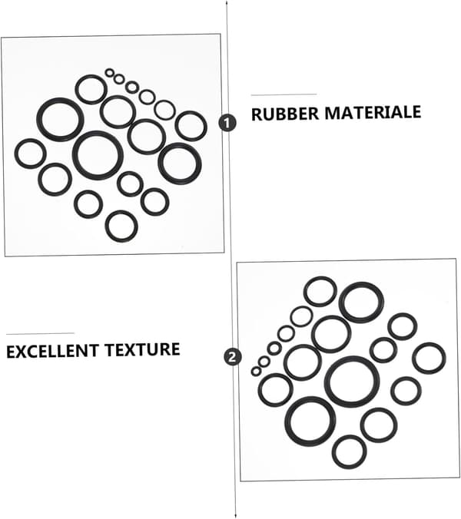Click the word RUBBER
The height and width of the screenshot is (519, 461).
pyautogui.click(x=284, y=114)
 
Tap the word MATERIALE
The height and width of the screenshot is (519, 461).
pyautogui.click(x=373, y=112)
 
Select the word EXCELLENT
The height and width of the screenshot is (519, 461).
pyautogui.click(x=52, y=351)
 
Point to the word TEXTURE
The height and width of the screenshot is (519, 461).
pyautogui.click(x=142, y=349)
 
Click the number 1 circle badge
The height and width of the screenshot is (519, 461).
pyautogui.click(x=227, y=123)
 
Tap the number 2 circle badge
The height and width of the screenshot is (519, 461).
pyautogui.click(x=232, y=357)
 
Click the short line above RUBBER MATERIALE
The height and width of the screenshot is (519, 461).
pyautogui.click(x=284, y=94)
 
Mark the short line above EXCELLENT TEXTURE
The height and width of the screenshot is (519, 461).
pyautogui.click(x=40, y=334)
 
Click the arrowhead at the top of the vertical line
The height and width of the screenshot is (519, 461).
pyautogui.click(x=227, y=2)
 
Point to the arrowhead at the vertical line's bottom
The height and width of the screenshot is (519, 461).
pyautogui.click(x=235, y=517)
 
